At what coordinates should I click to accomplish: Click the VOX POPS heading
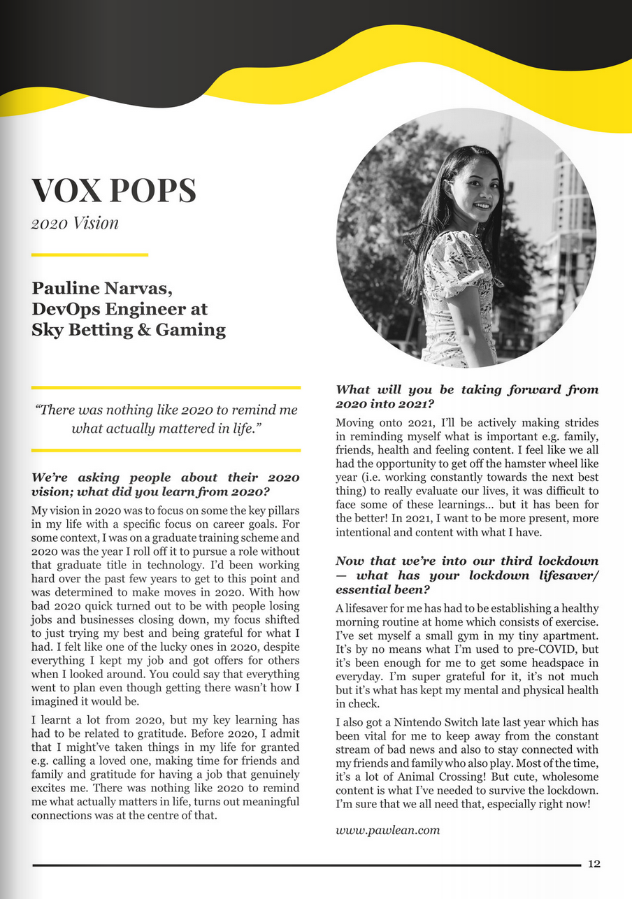click(x=113, y=190)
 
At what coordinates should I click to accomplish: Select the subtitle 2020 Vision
click(x=75, y=223)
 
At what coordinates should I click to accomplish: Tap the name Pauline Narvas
click(x=102, y=288)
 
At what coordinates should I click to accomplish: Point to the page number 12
click(x=594, y=864)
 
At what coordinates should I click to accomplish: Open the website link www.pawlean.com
click(x=387, y=830)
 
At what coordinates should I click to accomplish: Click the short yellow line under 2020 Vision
click(x=89, y=254)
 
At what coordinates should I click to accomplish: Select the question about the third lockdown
click(x=466, y=575)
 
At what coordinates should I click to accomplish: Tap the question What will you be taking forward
click(x=466, y=397)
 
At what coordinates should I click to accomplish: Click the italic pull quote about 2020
click(x=166, y=418)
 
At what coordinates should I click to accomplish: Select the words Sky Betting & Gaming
click(x=129, y=330)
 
